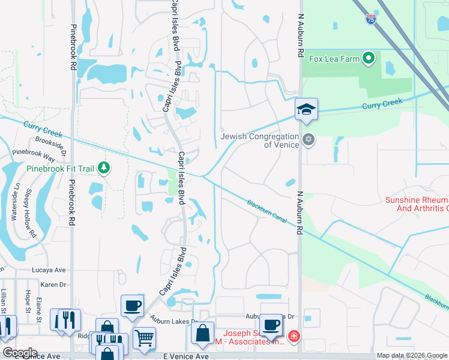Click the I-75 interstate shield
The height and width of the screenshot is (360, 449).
371,19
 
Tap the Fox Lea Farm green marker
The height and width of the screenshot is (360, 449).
369,59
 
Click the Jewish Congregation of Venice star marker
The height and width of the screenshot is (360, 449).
309,140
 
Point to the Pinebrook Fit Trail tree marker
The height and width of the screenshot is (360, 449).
104,168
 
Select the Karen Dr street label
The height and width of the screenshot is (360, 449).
53,284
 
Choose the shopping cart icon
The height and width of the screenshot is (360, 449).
144,339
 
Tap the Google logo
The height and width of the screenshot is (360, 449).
19,353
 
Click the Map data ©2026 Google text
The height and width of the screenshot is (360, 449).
412,355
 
